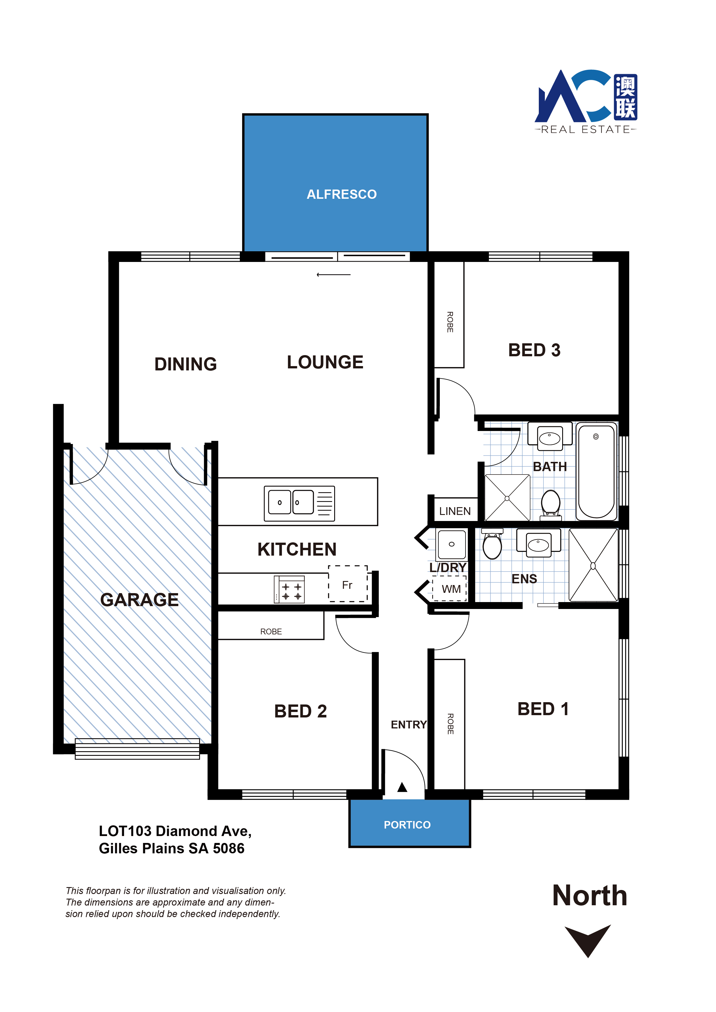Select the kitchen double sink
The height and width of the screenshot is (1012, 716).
pyautogui.click(x=299, y=503)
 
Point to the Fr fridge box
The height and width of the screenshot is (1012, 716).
pyautogui.click(x=348, y=584)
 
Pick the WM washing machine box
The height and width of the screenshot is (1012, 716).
pyautogui.click(x=449, y=589)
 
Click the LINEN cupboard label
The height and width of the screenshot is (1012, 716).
pyautogui.click(x=455, y=511)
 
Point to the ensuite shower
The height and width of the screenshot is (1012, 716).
pyautogui.click(x=593, y=565)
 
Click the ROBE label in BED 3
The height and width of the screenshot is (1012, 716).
pyautogui.click(x=450, y=322)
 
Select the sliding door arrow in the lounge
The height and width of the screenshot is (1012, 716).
pyautogui.click(x=333, y=275)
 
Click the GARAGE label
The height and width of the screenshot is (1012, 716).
pyautogui.click(x=139, y=600)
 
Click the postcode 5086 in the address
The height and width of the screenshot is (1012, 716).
pyautogui.click(x=228, y=848)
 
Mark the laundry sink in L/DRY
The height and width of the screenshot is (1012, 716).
pyautogui.click(x=451, y=544)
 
